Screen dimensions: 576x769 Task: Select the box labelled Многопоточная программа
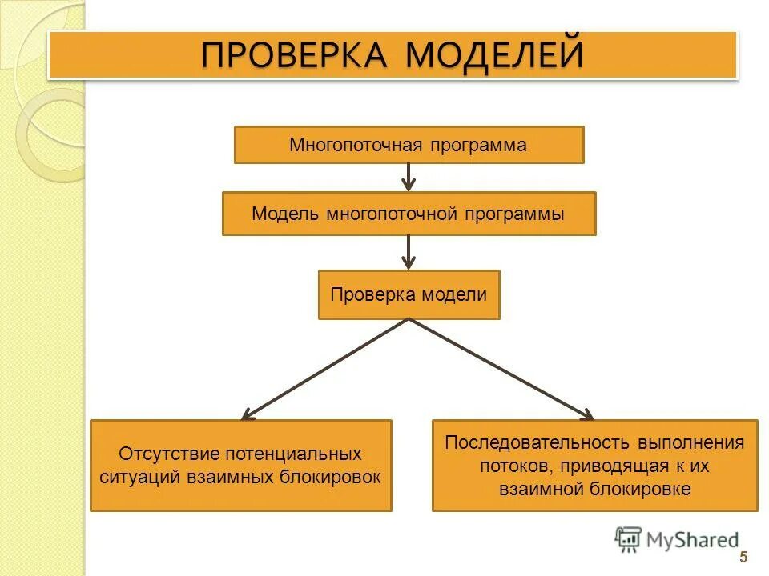click(409, 145)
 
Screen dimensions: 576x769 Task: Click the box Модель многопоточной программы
click(409, 214)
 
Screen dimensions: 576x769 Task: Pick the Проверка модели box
click(409, 294)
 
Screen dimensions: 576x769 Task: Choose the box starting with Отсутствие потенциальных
click(240, 465)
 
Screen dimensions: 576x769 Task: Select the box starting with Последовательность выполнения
click(594, 465)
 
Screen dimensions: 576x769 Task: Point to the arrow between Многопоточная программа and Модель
click(409, 177)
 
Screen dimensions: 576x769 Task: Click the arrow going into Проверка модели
click(409, 252)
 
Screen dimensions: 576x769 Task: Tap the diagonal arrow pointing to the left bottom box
click(324, 369)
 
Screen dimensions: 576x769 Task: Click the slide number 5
click(743, 558)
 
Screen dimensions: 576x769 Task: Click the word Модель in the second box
click(286, 214)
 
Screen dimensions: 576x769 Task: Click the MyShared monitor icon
click(628, 539)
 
